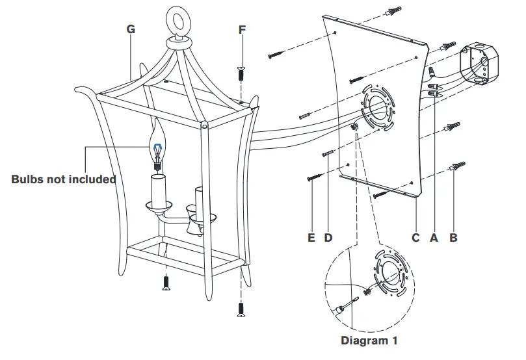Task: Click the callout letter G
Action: pos(131,29)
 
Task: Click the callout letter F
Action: pos(243,29)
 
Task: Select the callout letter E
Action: pos(311,238)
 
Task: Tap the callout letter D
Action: pos(328,238)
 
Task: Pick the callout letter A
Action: pos(434,238)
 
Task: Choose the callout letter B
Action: pos(453,238)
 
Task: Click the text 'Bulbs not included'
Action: pos(63,179)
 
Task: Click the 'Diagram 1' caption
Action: pos(369,340)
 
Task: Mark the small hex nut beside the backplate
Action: pos(355,128)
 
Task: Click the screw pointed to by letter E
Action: pos(314,175)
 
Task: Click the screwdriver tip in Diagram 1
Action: pos(351,300)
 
